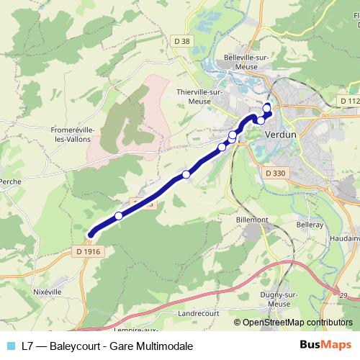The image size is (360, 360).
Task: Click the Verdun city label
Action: tap(280, 135)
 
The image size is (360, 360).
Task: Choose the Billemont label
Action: tap(252, 218)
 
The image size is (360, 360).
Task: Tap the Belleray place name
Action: tap(310, 225)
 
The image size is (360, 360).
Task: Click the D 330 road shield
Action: tap(275, 173)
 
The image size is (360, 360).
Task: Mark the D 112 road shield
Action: tap(350, 101)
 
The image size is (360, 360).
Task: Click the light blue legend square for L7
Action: tap(10, 346)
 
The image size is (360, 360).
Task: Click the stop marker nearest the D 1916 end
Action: tap(119, 216)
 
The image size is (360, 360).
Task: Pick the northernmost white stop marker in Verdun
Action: tap(267, 109)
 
